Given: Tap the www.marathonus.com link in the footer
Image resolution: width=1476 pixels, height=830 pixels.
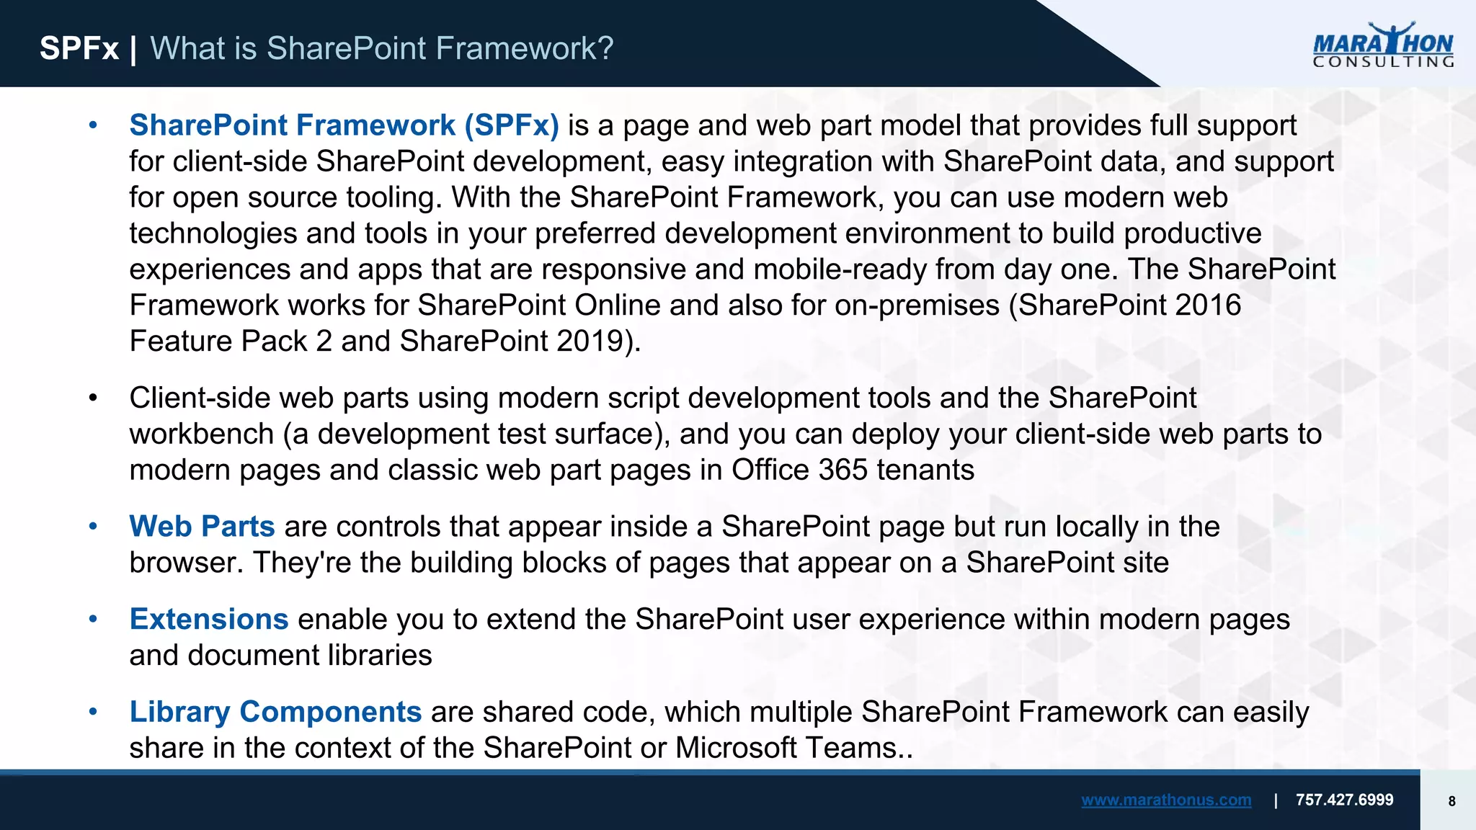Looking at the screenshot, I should (x=1165, y=800).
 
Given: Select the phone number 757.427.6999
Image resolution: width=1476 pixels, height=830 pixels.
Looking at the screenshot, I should (x=1344, y=800).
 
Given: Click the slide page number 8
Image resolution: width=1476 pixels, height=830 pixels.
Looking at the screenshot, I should (x=1451, y=801).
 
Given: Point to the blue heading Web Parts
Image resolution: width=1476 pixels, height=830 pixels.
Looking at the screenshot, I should (x=202, y=527).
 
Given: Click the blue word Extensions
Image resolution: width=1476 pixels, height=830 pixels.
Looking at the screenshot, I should (x=209, y=620).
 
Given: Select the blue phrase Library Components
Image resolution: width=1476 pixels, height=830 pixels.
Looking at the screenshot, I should (x=275, y=712).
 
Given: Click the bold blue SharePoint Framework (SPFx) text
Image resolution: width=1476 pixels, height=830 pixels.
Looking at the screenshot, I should (x=344, y=125).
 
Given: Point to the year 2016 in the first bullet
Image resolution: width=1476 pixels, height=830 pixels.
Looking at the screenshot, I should (x=1208, y=305).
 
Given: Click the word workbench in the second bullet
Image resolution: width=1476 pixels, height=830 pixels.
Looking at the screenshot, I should (x=201, y=434).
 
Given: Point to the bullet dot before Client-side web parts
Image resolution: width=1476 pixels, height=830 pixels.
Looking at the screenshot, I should (x=92, y=398).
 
